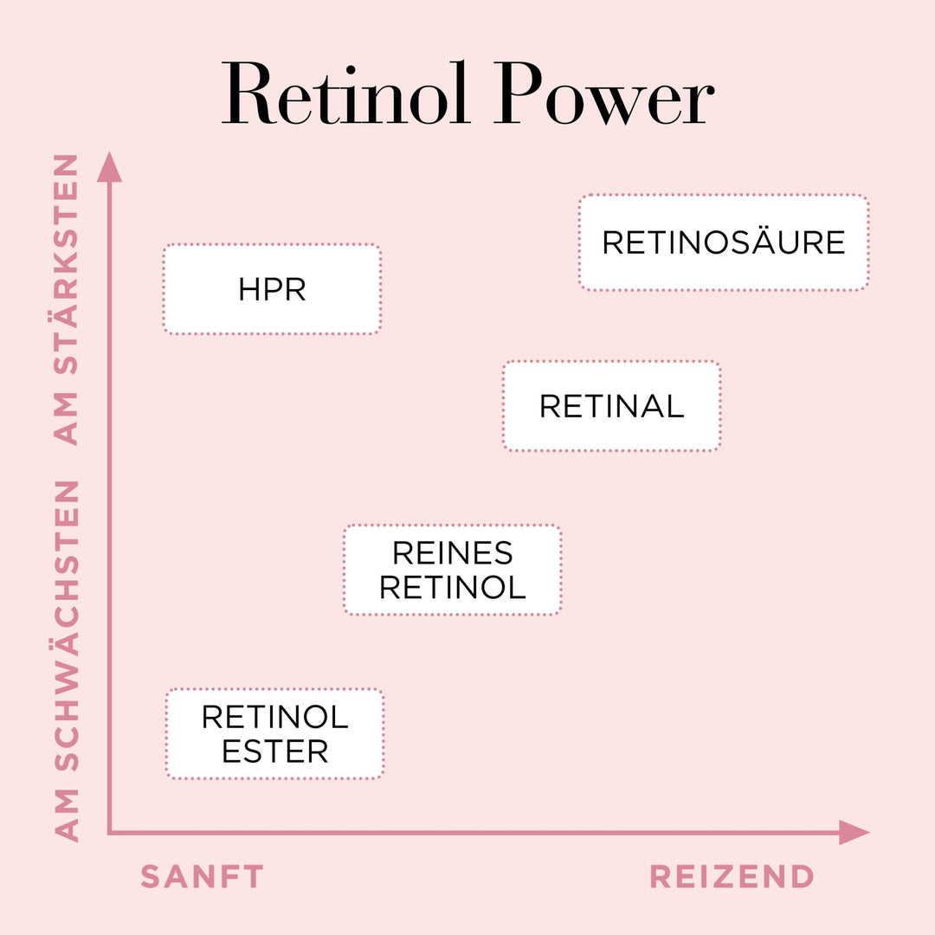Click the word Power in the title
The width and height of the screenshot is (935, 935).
pyautogui.click(x=605, y=96)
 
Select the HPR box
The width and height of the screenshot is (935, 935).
pyautogui.click(x=272, y=289)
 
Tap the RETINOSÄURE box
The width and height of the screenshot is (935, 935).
pyautogui.click(x=723, y=242)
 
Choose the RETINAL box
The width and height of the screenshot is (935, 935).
pyautogui.click(x=611, y=406)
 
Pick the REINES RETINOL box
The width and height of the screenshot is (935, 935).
pyautogui.click(x=452, y=570)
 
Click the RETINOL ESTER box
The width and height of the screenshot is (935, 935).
pyautogui.click(x=274, y=734)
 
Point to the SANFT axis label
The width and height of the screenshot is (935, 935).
pyautogui.click(x=202, y=877)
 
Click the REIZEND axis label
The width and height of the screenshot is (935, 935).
pyautogui.click(x=732, y=877)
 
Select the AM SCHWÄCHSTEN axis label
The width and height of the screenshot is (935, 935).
pyautogui.click(x=67, y=660)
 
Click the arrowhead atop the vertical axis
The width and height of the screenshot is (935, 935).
pyautogui.click(x=109, y=166)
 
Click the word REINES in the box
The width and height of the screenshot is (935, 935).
pyautogui.click(x=452, y=553)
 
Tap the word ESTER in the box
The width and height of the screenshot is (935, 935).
pyautogui.click(x=274, y=751)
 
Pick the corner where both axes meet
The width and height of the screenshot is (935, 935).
pyautogui.click(x=110, y=833)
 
